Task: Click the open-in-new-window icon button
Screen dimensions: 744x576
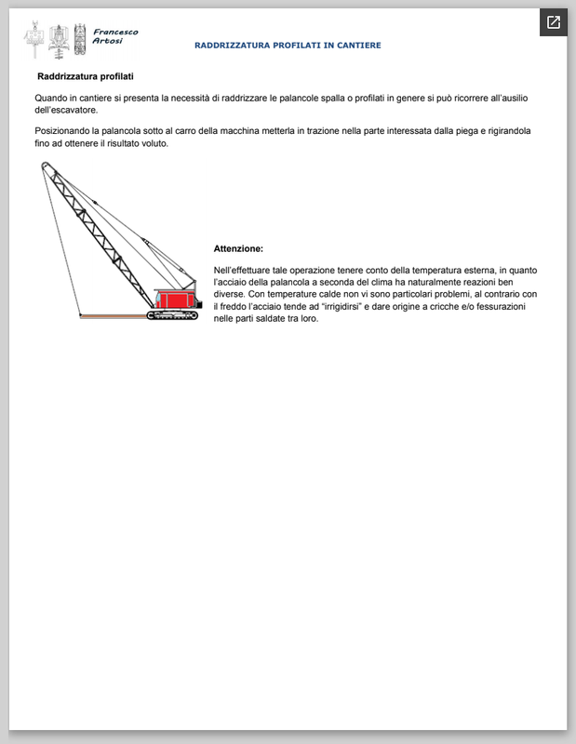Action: pyautogui.click(x=553, y=22)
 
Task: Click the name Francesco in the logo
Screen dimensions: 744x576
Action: pyautogui.click(x=116, y=32)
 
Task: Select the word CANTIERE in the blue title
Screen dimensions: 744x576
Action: pyautogui.click(x=358, y=46)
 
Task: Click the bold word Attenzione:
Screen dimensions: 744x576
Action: pyautogui.click(x=238, y=249)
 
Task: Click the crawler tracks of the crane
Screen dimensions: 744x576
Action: pyautogui.click(x=173, y=315)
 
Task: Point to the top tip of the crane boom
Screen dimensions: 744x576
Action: pyautogui.click(x=44, y=164)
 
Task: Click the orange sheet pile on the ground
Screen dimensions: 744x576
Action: pyautogui.click(x=112, y=316)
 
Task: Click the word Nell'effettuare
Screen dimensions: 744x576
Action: pyautogui.click(x=247, y=270)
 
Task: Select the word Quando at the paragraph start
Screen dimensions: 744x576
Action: pyautogui.click(x=51, y=98)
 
